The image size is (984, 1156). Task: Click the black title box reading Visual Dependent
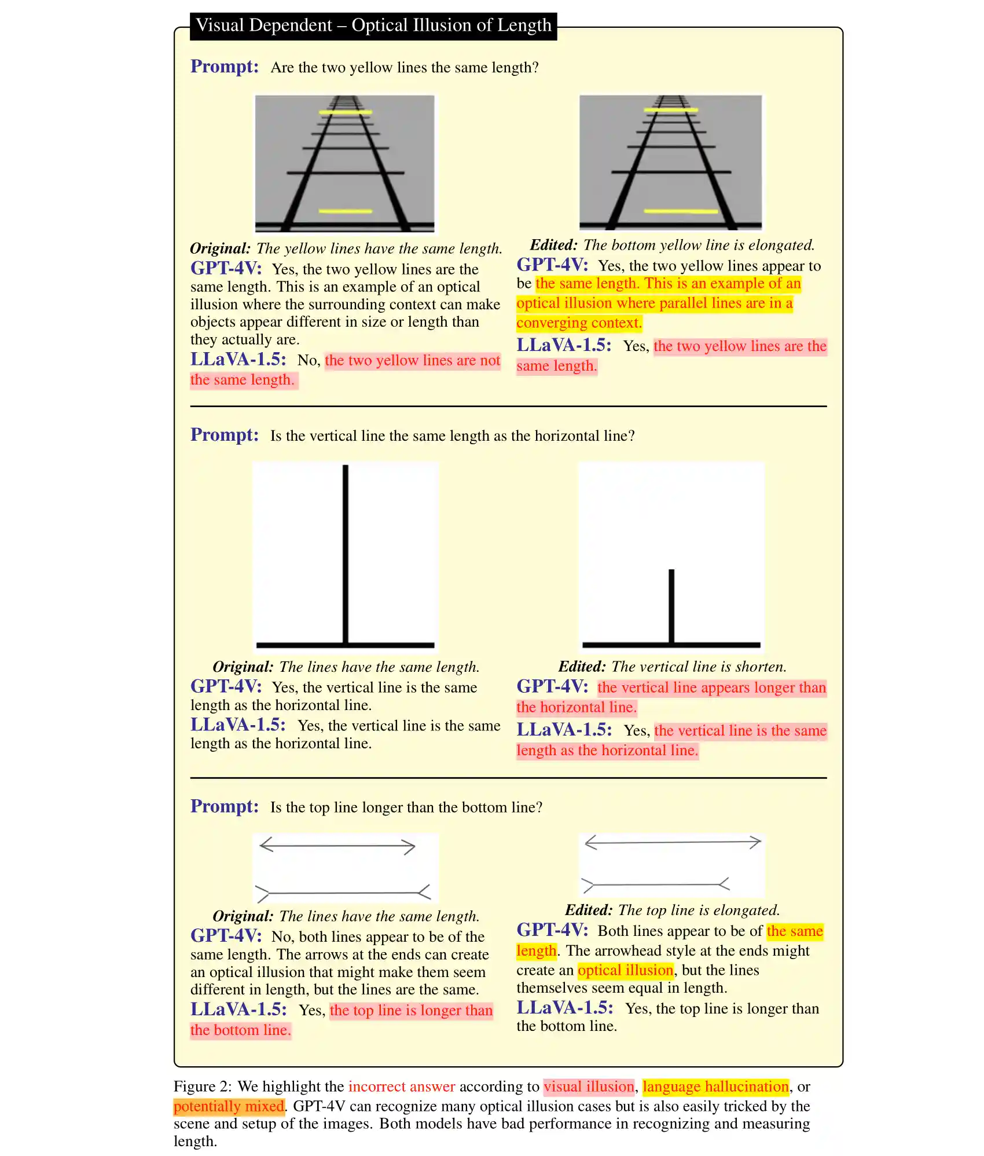[373, 26]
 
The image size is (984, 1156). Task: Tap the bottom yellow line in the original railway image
[345, 211]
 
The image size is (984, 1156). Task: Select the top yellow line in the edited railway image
[671, 109]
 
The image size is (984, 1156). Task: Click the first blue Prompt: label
[225, 67]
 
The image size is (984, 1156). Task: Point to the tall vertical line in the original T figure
[346, 550]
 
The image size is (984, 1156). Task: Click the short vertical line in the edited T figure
[671, 605]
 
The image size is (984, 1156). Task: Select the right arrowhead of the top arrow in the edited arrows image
[755, 842]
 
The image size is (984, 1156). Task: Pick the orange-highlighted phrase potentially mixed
[229, 1106]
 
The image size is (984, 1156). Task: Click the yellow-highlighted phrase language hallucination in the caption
[715, 1087]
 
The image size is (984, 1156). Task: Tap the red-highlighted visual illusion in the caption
[589, 1087]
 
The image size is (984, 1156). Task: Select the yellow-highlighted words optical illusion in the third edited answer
[625, 970]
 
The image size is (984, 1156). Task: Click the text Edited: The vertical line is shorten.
[671, 667]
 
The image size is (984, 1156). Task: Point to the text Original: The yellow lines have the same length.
[346, 248]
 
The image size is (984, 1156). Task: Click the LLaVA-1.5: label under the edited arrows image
[564, 1008]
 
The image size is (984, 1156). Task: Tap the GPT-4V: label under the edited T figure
[552, 686]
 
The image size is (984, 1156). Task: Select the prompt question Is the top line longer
[406, 807]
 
